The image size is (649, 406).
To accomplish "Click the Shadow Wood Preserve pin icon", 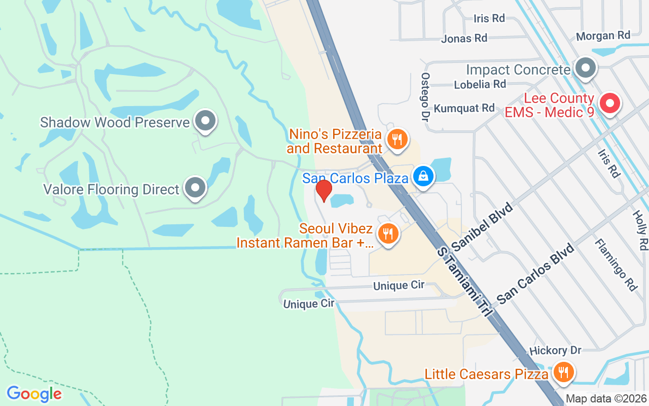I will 205,121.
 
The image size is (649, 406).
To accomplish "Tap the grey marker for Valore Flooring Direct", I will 195,188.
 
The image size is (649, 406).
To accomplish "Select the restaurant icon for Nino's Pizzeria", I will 397,139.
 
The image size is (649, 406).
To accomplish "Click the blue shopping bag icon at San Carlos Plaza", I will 422,177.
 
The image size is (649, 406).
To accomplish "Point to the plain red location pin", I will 323,190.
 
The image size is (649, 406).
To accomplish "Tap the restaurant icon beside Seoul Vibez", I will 388,233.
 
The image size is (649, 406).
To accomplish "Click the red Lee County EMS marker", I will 610,104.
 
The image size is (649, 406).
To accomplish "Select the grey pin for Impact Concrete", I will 586,67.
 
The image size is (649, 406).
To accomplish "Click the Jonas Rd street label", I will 464,39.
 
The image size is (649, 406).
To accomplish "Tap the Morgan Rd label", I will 603,36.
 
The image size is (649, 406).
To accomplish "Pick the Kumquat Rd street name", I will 464,108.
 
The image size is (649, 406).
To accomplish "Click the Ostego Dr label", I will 425,96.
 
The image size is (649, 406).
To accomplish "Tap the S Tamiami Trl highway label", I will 464,282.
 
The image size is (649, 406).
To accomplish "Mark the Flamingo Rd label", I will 616,265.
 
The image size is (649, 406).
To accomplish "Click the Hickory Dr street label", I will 555,350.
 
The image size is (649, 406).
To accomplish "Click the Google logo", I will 34,394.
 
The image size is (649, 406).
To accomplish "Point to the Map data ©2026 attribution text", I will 605,398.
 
